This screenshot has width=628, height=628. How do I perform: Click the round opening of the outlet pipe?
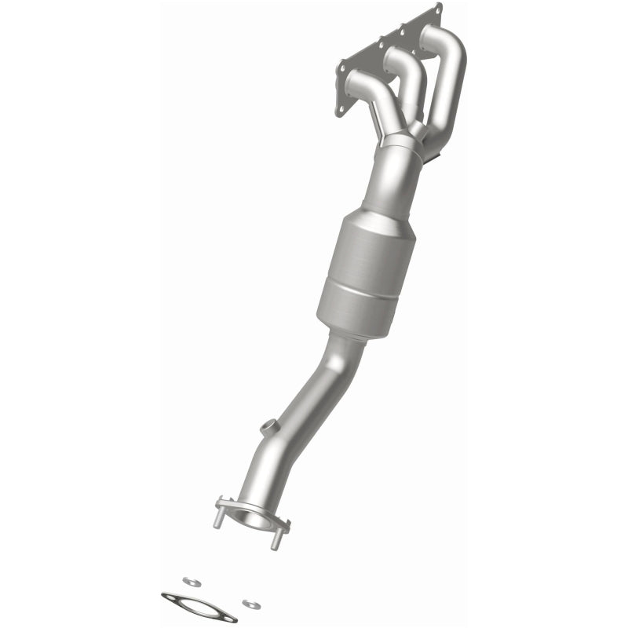pos(251,518)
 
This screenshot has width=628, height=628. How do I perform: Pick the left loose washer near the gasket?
pos(188,582)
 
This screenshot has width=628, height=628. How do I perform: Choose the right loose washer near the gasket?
pos(250,603)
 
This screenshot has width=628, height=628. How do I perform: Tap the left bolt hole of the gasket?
pos(169,597)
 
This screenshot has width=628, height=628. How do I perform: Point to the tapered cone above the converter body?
pos(389,188)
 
